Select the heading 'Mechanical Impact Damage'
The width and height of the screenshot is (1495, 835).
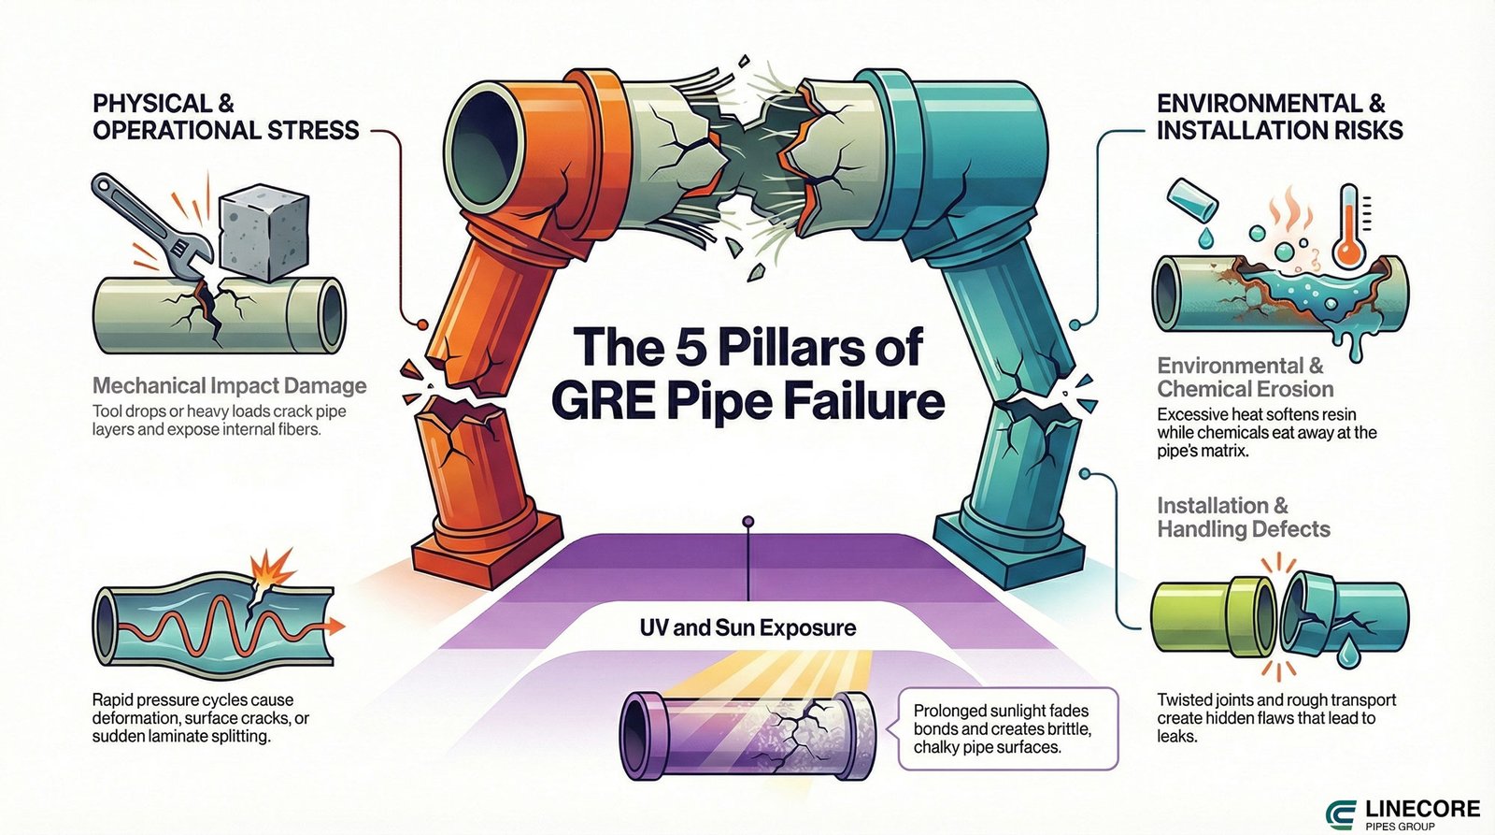pos(229,385)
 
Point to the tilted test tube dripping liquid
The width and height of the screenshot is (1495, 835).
pos(1193,199)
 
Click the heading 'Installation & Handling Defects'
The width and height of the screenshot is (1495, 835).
pos(1243,517)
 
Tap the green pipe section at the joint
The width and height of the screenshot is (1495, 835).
pos(1205,616)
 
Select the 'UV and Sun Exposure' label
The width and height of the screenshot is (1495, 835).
pos(747,627)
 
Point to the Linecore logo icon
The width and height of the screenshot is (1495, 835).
pos(1343,813)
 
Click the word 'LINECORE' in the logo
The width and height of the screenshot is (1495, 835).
pos(1422,807)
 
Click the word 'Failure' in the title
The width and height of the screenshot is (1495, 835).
pos(864,401)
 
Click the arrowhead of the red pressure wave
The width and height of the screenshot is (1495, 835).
pos(336,625)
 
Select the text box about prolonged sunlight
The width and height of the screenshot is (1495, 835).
pos(1007,729)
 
